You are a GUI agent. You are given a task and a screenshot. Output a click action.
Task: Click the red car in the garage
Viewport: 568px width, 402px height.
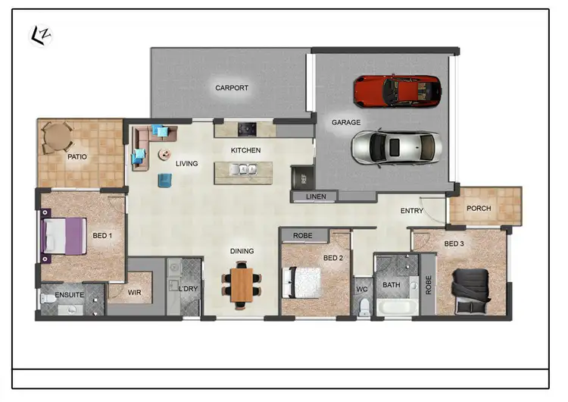[x=397, y=91]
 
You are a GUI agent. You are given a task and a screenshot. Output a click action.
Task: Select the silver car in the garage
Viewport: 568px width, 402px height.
[x=395, y=146]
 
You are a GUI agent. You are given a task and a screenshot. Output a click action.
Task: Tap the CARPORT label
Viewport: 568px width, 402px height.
[x=231, y=88]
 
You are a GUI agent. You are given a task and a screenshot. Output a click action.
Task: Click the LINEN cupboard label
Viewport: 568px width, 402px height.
[x=316, y=196]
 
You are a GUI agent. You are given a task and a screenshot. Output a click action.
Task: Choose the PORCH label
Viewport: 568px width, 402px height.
[x=479, y=209]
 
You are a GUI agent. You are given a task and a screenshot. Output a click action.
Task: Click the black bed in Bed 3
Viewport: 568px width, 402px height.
[x=471, y=290]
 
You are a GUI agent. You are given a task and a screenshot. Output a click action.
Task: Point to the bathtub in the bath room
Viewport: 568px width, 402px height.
[x=397, y=307]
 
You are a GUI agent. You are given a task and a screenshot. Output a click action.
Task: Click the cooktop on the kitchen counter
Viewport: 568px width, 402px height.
[x=247, y=130]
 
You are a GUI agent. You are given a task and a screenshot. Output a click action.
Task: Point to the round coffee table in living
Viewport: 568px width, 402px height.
[x=164, y=155]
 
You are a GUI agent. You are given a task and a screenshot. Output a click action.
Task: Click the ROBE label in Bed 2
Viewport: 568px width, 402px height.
[x=303, y=236]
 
